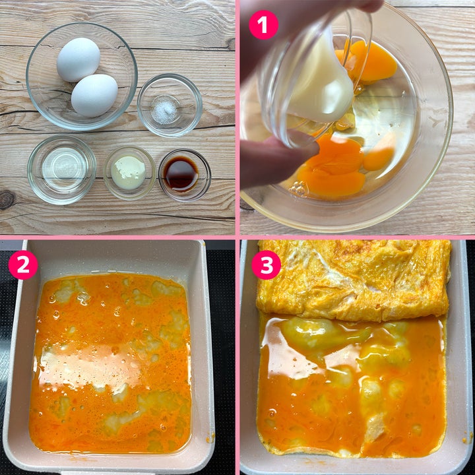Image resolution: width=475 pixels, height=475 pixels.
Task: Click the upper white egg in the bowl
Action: pyautogui.click(x=79, y=59)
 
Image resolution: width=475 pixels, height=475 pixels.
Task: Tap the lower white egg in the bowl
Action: pyautogui.click(x=94, y=96)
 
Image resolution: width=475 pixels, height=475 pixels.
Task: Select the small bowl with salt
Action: pyautogui.click(x=170, y=105)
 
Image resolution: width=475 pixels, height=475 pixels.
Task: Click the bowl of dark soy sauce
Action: pyautogui.click(x=185, y=175)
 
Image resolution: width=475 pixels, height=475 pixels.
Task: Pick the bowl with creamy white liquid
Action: pyautogui.click(x=130, y=173)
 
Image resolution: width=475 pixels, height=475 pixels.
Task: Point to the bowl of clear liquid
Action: pyautogui.click(x=62, y=170)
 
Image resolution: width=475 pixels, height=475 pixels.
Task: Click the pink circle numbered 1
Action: pyautogui.click(x=263, y=25)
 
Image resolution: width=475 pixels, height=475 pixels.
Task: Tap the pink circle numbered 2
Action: pyautogui.click(x=23, y=265)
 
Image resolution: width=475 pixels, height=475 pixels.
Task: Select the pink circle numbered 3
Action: pyautogui.click(x=267, y=265)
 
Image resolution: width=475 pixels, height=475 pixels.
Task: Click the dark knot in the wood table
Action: pyautogui.click(x=7, y=200)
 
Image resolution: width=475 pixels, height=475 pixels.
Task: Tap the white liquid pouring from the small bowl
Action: pyautogui.click(x=321, y=82)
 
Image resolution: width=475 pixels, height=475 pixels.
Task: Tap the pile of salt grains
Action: pyautogui.click(x=164, y=110)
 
